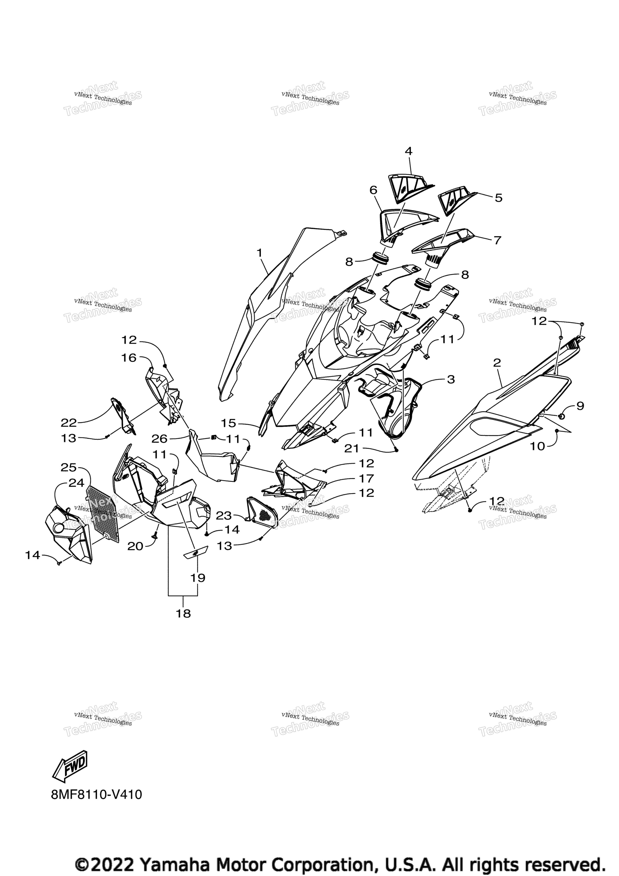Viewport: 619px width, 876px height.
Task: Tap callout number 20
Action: [135, 546]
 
